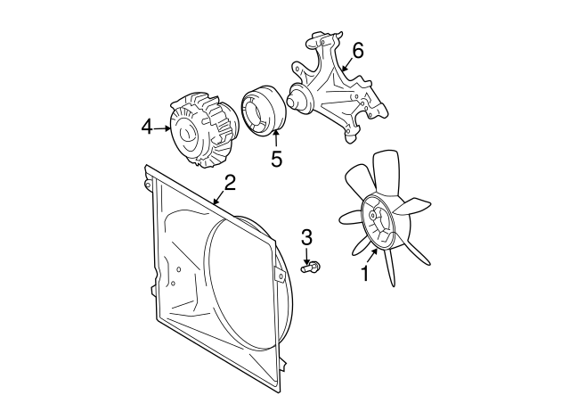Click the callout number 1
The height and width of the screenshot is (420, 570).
click(363, 274)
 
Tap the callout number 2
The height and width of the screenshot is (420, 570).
click(230, 183)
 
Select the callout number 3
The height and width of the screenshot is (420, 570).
click(307, 236)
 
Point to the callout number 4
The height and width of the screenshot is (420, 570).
click(147, 128)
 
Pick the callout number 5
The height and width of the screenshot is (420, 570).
click(276, 159)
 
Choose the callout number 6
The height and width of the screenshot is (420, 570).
click(357, 51)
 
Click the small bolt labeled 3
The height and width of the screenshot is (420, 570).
click(312, 266)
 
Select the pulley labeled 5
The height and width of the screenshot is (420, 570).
click(263, 111)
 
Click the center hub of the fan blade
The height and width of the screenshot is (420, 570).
click(378, 226)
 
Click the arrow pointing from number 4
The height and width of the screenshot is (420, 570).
click(164, 128)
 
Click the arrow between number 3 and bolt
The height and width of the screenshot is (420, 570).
click(308, 252)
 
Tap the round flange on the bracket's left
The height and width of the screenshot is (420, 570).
click(300, 96)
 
